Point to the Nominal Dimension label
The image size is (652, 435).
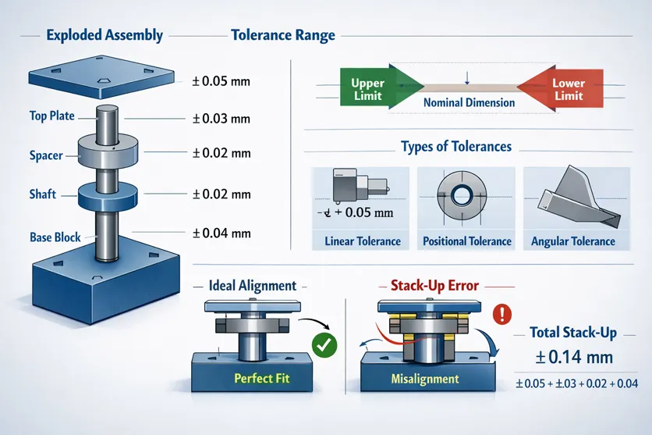[469, 102]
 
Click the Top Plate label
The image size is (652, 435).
[51, 116]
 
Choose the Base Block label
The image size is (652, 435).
[56, 237]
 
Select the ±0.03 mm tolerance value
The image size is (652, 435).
[221, 119]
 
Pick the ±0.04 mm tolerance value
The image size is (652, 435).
[221, 233]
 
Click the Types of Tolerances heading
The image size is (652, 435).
[455, 146]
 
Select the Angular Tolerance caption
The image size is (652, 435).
[572, 241]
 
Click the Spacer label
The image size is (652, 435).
[46, 155]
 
